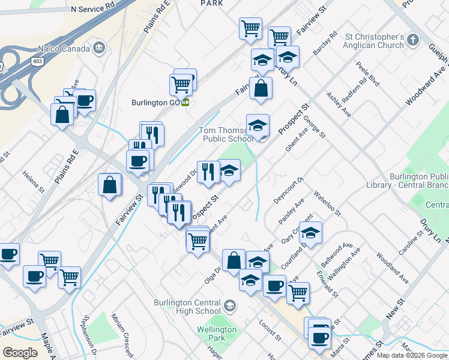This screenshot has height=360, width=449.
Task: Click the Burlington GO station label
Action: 157,103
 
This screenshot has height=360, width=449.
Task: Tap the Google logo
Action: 20,353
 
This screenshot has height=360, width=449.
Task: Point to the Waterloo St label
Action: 328,204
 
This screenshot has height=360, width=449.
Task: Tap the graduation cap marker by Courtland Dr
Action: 310,233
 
